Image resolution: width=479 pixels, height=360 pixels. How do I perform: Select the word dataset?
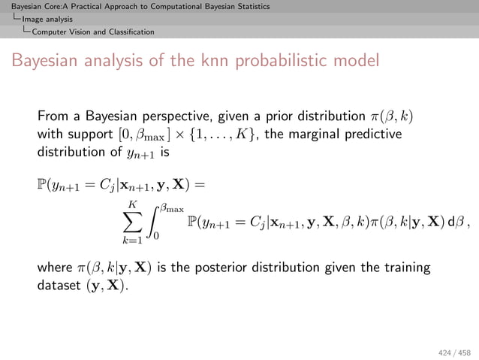tap(61, 285)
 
